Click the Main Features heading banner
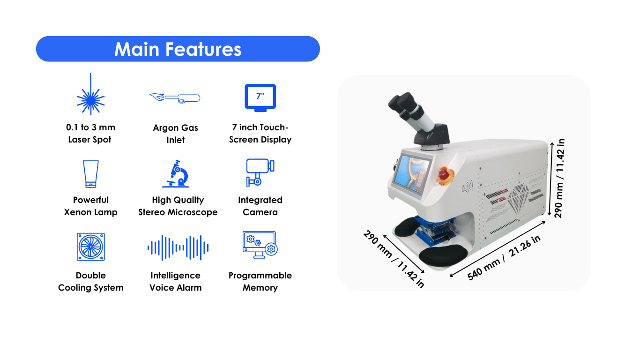click(178, 49)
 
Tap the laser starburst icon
click(90, 94)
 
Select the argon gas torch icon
click(175, 98)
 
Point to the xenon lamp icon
click(91, 173)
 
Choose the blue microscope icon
click(176, 173)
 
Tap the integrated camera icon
click(260, 172)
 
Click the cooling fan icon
click(91, 247)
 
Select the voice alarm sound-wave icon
click(178, 247)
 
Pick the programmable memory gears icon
click(260, 245)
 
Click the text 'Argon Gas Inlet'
click(175, 134)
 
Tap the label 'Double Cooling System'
click(91, 281)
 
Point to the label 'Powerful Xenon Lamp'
click(90, 206)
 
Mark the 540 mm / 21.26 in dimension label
click(504, 258)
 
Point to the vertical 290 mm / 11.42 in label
click(559, 178)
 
